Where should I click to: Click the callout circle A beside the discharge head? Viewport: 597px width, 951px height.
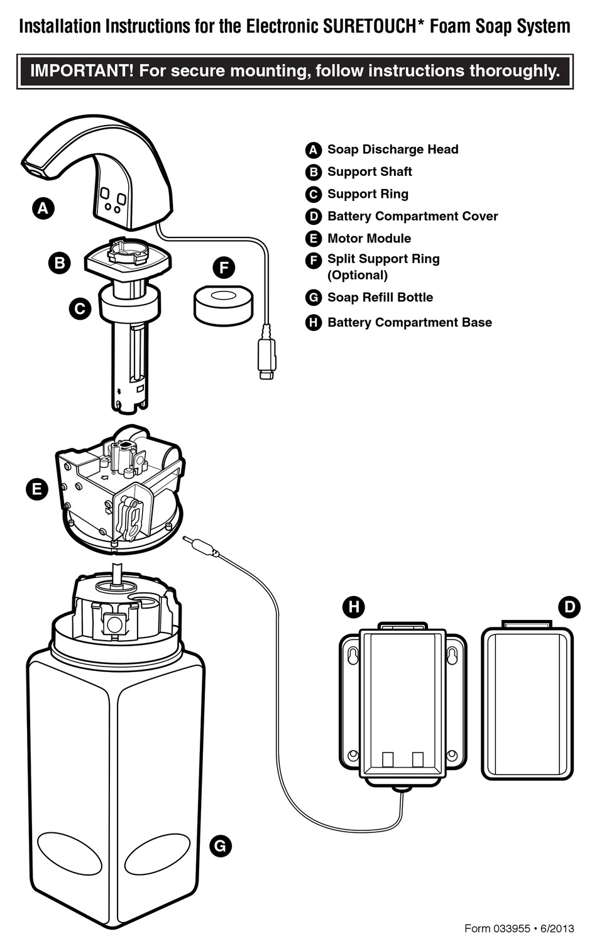pos(43,208)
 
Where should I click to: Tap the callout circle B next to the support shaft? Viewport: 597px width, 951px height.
pos(60,262)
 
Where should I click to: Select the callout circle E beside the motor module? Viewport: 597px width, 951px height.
pos(37,489)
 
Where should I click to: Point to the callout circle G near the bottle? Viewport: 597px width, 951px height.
pos(220,845)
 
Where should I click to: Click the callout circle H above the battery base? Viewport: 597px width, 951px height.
pos(354,607)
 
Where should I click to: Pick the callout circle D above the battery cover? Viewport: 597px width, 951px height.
pos(569,607)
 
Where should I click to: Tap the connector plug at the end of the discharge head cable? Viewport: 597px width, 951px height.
pos(266,358)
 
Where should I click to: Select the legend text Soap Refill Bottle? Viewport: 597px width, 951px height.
pos(380,297)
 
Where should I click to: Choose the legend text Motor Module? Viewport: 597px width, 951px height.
pos(369,239)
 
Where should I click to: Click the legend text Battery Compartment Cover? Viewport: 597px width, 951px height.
pos(412,216)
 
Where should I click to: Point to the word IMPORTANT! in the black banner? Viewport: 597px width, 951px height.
pos(82,70)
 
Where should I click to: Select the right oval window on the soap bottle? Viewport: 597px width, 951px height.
pos(157,853)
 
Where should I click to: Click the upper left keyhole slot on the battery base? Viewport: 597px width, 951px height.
pos(353,655)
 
